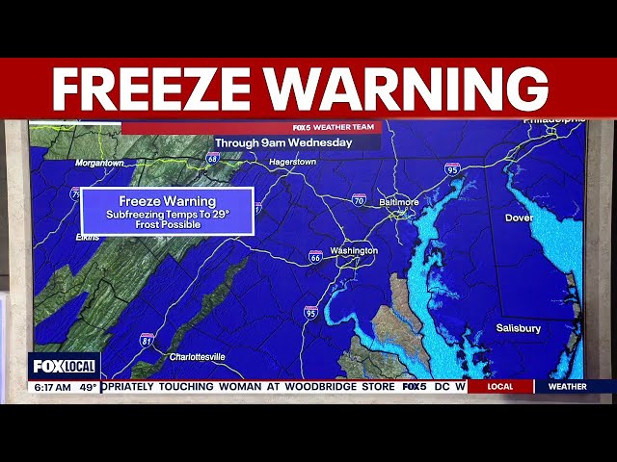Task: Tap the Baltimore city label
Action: point(398,202)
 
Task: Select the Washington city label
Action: point(354,251)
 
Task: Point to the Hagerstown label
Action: point(292,162)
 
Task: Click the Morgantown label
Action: point(100,163)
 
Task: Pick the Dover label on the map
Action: point(519,218)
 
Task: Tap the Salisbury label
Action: point(519,328)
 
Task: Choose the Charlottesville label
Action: point(197,356)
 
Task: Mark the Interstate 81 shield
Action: point(147,339)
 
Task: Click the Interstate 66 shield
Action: point(315,256)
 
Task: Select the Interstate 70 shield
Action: point(359,200)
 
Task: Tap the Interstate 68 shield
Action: point(212,158)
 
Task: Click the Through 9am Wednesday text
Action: point(283,142)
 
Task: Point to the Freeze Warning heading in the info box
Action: point(167,201)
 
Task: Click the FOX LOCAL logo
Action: point(64,367)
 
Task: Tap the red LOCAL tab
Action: point(499,387)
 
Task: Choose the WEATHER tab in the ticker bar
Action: point(567,387)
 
